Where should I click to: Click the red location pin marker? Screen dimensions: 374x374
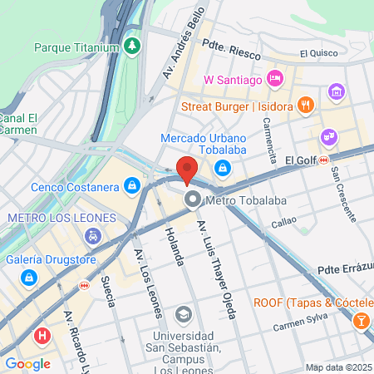click(187, 169)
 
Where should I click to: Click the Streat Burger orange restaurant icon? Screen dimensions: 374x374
click(306, 106)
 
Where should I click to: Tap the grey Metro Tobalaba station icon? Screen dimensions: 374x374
click(193, 199)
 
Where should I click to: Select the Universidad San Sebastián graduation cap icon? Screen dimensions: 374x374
click(183, 315)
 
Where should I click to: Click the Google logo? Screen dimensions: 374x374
click(28, 363)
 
